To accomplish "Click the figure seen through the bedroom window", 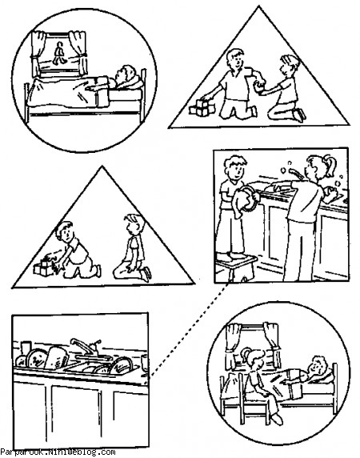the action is [59, 54].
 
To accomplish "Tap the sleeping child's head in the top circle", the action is [126, 76].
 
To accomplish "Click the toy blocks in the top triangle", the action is [202, 108].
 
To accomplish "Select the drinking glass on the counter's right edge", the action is [145, 364].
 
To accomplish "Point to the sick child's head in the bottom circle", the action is [318, 366].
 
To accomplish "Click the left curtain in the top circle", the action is [38, 53].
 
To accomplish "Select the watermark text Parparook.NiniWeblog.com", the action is [58, 453].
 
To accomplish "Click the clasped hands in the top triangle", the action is [258, 86].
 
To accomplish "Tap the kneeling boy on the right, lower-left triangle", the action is [133, 248].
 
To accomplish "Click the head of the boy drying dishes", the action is [235, 169].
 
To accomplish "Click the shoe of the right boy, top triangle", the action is [300, 115].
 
